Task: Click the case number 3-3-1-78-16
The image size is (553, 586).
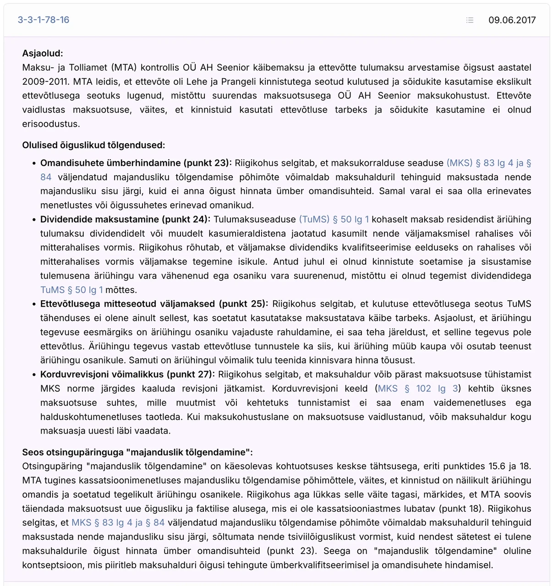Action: [x=44, y=20]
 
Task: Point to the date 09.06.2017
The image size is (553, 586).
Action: [x=512, y=20]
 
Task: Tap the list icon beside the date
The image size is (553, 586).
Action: [x=470, y=20]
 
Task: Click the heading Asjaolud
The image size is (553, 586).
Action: [x=43, y=54]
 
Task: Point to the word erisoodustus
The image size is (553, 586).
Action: [x=51, y=124]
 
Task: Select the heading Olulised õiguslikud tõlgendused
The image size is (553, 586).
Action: [x=93, y=145]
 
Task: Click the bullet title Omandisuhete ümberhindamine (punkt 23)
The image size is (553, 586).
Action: [x=136, y=163]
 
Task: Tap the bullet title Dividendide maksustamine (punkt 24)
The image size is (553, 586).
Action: [x=125, y=219]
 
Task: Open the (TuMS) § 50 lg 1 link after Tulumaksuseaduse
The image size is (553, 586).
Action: [x=334, y=219]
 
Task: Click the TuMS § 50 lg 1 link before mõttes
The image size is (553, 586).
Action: [x=71, y=290]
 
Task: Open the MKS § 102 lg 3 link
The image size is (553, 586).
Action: [x=418, y=389]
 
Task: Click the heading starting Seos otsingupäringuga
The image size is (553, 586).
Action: [x=137, y=452]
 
